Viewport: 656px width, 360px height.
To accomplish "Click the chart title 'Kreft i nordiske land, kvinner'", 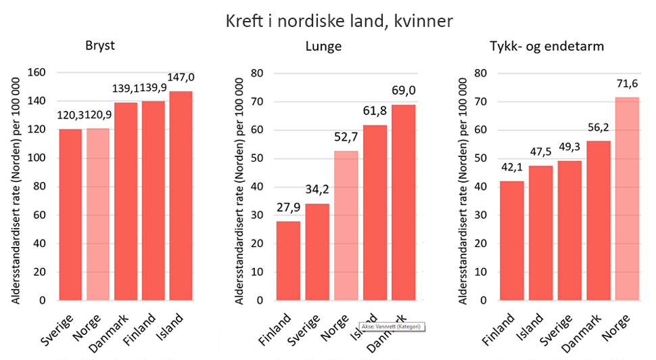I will [339, 21].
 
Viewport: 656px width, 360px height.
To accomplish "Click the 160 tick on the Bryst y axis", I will [35, 73].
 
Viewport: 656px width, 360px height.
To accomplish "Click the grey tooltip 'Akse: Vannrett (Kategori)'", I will [389, 326].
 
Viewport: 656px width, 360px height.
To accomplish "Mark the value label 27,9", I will [289, 207].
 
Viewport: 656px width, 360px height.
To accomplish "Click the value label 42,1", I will [512, 167].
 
